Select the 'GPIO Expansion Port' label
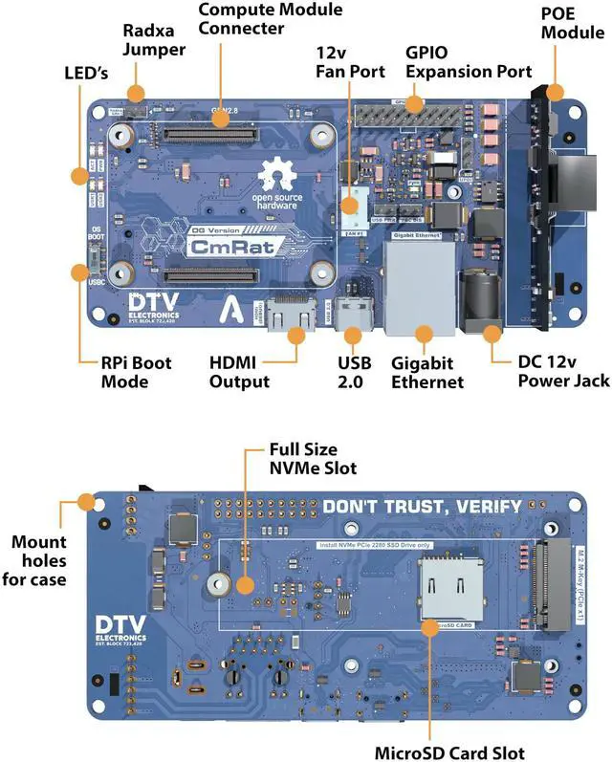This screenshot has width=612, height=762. pyautogui.click(x=469, y=62)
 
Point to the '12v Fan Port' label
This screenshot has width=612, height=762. pyautogui.click(x=350, y=62)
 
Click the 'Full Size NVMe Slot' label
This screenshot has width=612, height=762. pyautogui.click(x=312, y=458)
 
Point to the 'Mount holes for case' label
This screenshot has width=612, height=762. pyautogui.click(x=39, y=560)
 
